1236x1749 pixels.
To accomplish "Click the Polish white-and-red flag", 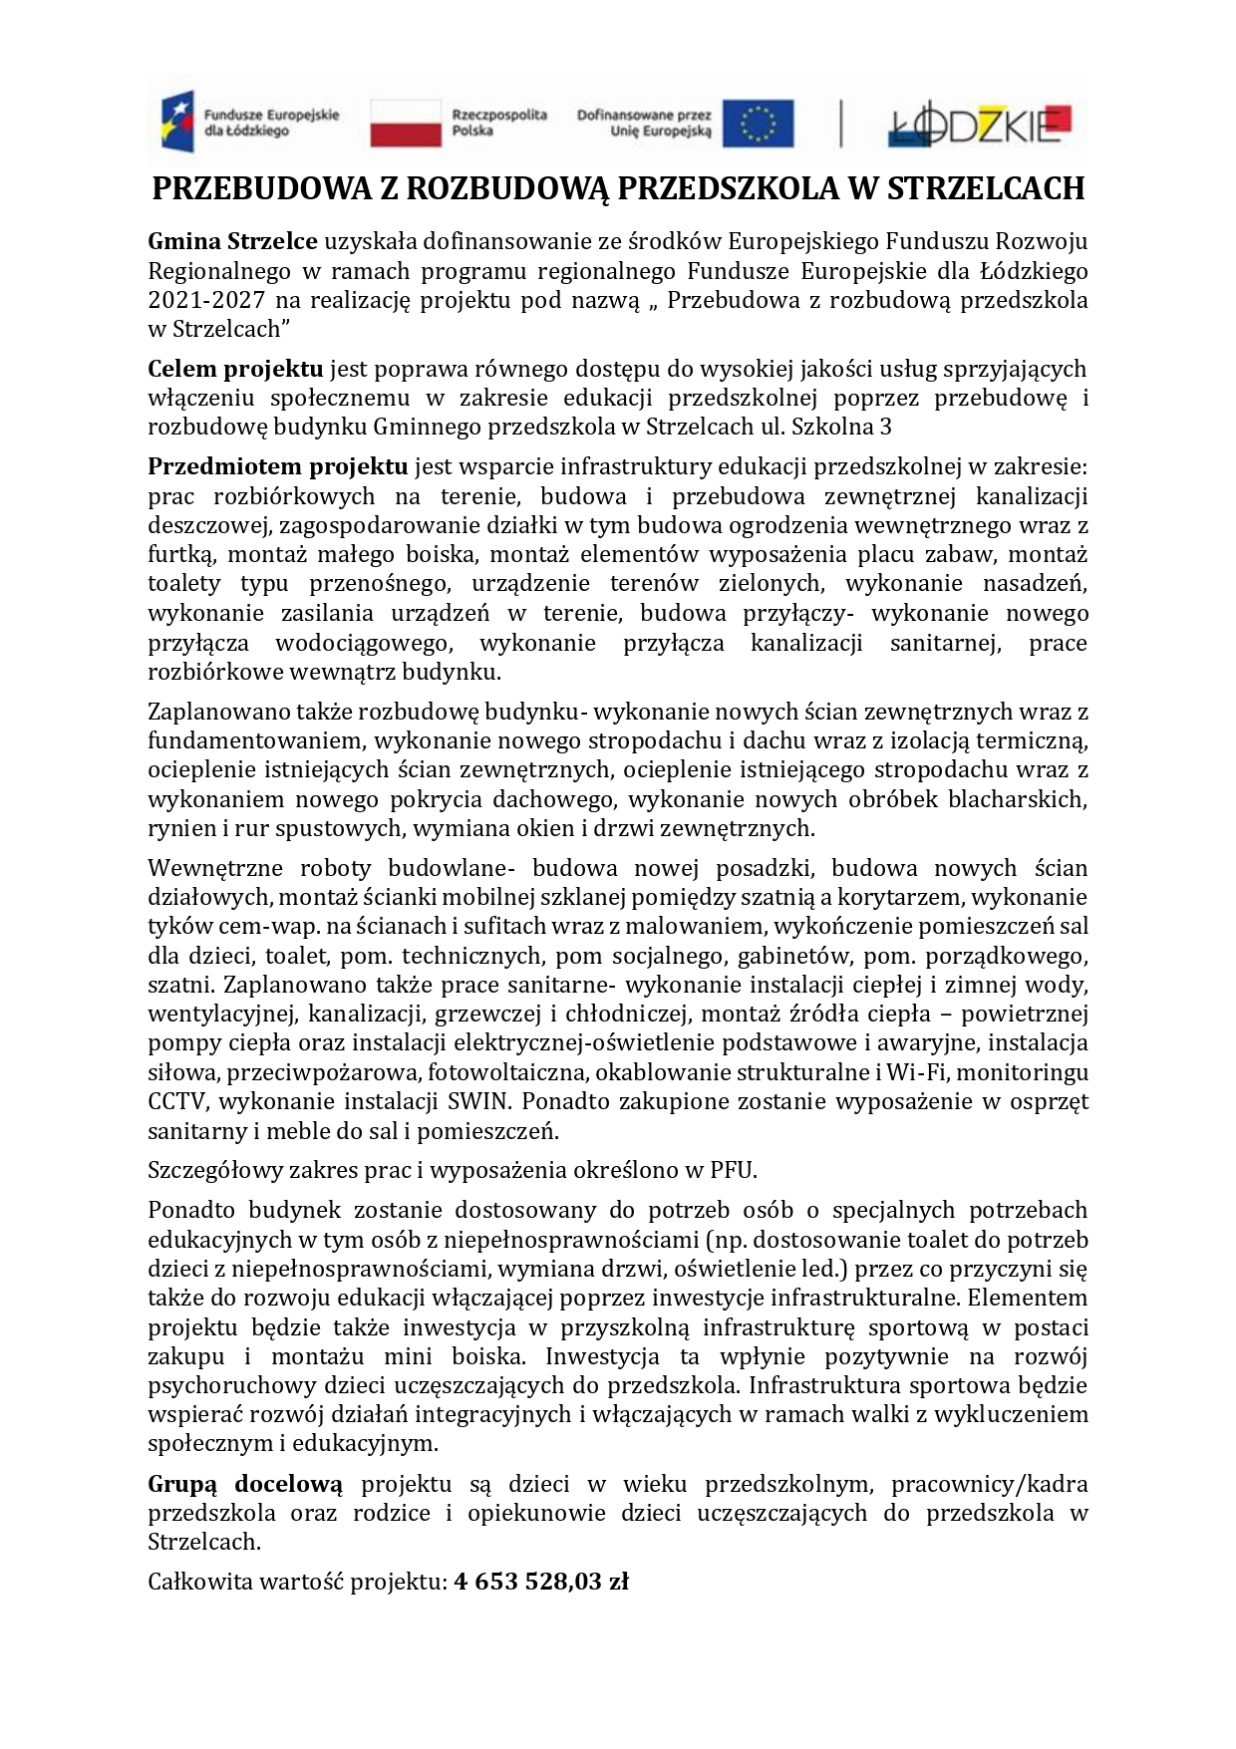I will click(x=406, y=123).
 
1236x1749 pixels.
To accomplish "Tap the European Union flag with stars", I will click(x=759, y=123).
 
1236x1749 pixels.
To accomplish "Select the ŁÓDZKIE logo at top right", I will click(x=979, y=125).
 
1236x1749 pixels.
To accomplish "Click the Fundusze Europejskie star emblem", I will click(x=178, y=122).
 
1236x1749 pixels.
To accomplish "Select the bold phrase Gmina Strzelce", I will click(x=232, y=241).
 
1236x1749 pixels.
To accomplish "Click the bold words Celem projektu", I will click(x=235, y=369).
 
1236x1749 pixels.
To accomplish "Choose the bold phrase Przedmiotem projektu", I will click(x=278, y=466).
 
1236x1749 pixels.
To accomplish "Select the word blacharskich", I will click(x=1017, y=799).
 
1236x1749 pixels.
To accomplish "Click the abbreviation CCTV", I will click(x=177, y=1102).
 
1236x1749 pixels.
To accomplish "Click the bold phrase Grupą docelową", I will click(x=245, y=1484).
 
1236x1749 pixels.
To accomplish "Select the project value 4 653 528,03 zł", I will click(x=541, y=1582).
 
